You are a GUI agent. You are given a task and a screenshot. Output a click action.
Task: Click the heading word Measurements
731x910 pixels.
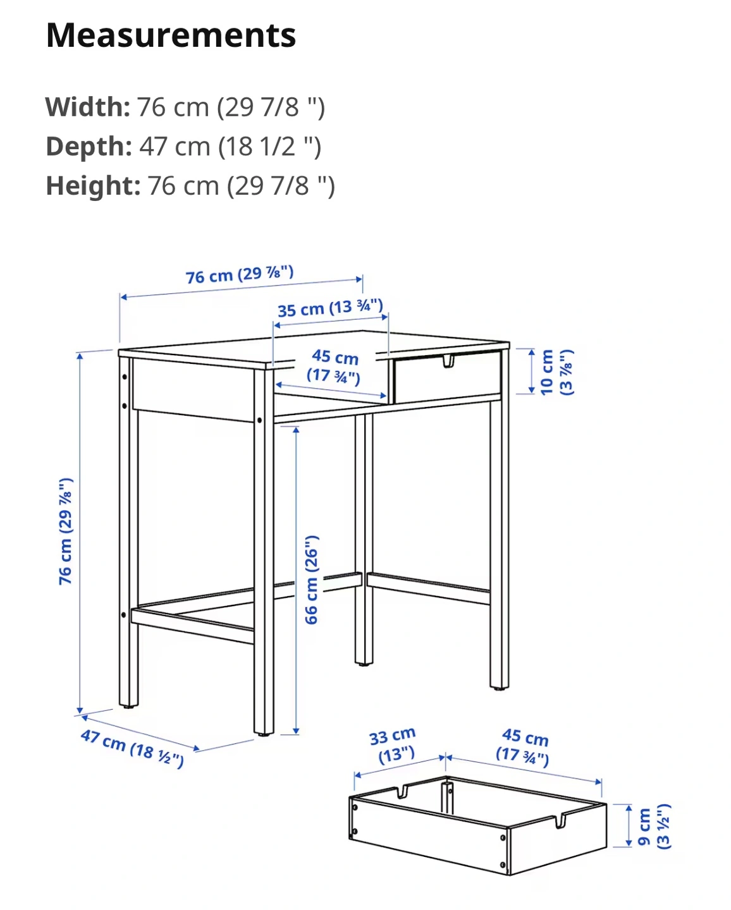pos(171,35)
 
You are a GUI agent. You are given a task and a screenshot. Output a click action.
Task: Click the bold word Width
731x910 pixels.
pos(87,107)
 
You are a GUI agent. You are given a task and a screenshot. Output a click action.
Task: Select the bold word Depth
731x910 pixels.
pos(89,147)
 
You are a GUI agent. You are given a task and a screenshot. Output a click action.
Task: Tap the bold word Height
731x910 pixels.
pos(93,186)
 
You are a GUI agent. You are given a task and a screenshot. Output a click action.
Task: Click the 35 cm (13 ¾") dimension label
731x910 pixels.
pos(330,308)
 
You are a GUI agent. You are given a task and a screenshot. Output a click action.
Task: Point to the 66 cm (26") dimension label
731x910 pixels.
pos(312,579)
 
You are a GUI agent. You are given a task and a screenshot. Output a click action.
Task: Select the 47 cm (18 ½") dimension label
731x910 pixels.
pos(132,748)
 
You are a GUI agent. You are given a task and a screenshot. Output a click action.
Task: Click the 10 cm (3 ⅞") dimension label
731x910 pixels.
pos(556,372)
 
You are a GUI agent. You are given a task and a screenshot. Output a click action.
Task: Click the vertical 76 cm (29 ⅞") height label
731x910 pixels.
pos(66,531)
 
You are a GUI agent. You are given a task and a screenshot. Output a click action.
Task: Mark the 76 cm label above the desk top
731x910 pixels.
pos(240,275)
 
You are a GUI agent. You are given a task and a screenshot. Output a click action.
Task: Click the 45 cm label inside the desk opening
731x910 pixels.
pos(335,366)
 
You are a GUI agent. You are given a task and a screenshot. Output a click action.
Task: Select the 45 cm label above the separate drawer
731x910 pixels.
pos(523,747)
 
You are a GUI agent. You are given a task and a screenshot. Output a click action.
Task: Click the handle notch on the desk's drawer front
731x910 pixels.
pos(448,361)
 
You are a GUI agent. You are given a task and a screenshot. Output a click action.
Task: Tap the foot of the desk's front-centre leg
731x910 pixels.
pos(264,735)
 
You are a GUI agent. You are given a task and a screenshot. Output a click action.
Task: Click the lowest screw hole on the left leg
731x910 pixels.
pos(124,615)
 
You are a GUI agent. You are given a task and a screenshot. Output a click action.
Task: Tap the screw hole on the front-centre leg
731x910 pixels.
pos(259,420)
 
